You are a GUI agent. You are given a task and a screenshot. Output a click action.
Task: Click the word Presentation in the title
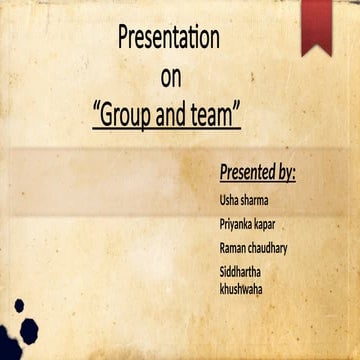[x=169, y=39]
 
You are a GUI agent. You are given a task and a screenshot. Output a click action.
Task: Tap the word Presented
[x=246, y=172]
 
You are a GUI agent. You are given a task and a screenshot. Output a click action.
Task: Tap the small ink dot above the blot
[x=18, y=304]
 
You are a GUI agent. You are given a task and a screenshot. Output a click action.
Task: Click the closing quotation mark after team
[x=238, y=107]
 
